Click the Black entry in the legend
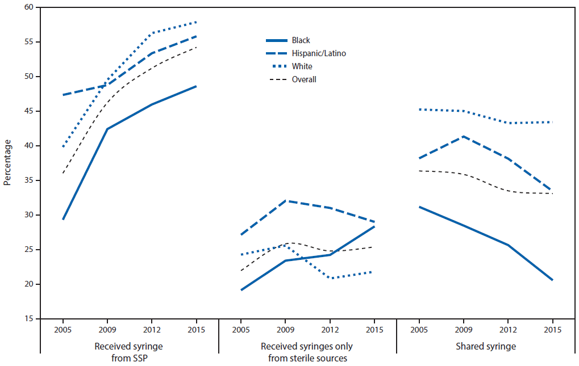[x=301, y=40]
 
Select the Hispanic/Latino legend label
[x=319, y=53]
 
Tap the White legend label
[x=302, y=66]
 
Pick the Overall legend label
[x=304, y=79]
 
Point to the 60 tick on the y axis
[x=28, y=7]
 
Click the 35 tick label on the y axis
[x=28, y=180]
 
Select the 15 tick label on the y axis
[x=28, y=319]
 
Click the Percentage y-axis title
[x=7, y=163]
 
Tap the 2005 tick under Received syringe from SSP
[x=63, y=329]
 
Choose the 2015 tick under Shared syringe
[x=552, y=329]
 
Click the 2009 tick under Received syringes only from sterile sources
[x=285, y=329]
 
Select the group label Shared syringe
[x=485, y=346]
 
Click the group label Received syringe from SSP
[x=129, y=352]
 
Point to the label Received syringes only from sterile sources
[x=307, y=352]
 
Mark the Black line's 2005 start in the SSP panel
[x=63, y=219]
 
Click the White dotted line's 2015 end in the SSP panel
[x=196, y=22]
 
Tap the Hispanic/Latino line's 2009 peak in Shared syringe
[x=464, y=136]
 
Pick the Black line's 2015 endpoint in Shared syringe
[x=552, y=280]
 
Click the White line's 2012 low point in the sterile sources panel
[x=330, y=278]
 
